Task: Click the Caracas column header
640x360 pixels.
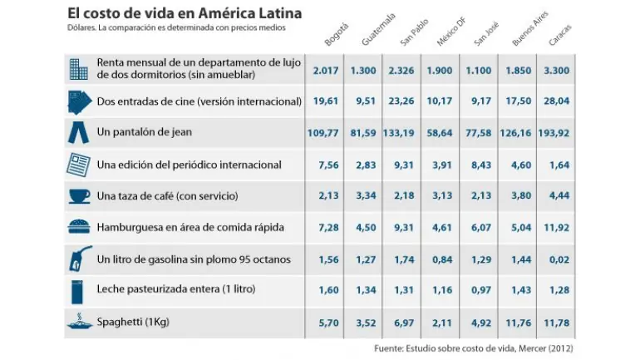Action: pyautogui.click(x=560, y=35)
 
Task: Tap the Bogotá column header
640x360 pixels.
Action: pyautogui.click(x=337, y=34)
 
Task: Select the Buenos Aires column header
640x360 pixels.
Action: pyautogui.click(x=529, y=28)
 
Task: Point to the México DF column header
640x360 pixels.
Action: pyautogui.click(x=451, y=32)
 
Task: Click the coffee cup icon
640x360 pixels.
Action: pyautogui.click(x=79, y=196)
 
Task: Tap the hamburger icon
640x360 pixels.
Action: pyautogui.click(x=79, y=226)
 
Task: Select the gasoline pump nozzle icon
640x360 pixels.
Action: pyautogui.click(x=80, y=259)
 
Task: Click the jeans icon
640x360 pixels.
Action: pyautogui.click(x=78, y=132)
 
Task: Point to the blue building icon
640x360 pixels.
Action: pyautogui.click(x=78, y=69)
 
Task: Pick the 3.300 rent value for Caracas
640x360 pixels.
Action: pyautogui.click(x=556, y=71)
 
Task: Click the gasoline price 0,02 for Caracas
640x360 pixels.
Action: pyautogui.click(x=559, y=259)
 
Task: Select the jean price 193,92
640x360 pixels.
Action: pyautogui.click(x=554, y=133)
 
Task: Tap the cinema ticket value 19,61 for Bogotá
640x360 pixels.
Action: pyautogui.click(x=326, y=101)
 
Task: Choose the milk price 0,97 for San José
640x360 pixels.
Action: pyautogui.click(x=481, y=290)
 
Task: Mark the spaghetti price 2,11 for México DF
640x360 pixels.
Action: pyautogui.click(x=442, y=323)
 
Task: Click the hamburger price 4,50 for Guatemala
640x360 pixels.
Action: pyautogui.click(x=366, y=228)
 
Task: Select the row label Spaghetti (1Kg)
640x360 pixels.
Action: pyautogui.click(x=133, y=322)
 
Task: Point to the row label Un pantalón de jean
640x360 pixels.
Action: pyautogui.click(x=145, y=132)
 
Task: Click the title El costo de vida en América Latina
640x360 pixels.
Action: pyautogui.click(x=185, y=13)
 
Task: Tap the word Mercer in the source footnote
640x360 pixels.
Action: pyautogui.click(x=531, y=348)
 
